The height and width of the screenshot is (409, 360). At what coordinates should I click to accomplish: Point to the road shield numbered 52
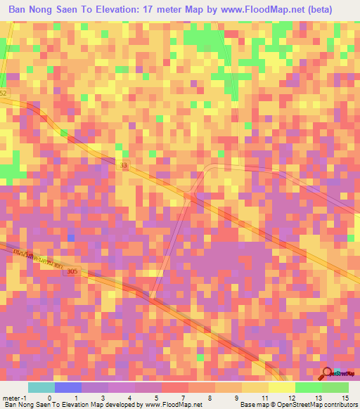(x=3, y=93)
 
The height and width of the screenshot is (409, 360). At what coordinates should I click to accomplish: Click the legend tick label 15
(x=345, y=397)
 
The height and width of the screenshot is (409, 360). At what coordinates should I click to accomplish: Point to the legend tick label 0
(x=49, y=397)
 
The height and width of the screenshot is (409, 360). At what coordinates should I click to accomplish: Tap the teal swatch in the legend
(x=41, y=387)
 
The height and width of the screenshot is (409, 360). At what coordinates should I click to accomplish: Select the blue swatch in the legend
(x=67, y=387)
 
